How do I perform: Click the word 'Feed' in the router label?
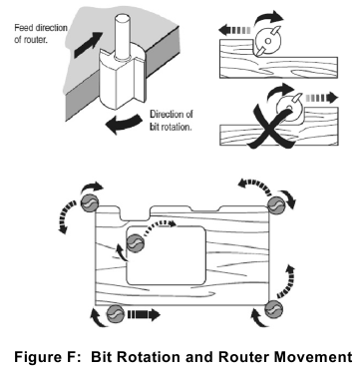coord(23,28)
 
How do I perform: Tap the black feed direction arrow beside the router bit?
coord(88,44)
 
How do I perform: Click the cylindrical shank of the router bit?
coord(122,36)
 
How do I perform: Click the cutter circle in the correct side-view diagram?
coord(267,39)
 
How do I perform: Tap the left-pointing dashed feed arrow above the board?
coord(235,31)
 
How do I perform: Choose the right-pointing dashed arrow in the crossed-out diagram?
coord(322,98)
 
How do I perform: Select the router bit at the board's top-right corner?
coord(277,206)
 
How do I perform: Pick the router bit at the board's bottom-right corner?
coord(273,310)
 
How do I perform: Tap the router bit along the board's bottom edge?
coord(116,313)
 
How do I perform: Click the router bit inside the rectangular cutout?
coord(136,242)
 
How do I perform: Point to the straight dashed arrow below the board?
coord(144,314)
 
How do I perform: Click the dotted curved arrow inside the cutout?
coord(159,223)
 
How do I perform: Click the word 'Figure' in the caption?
coord(37,358)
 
